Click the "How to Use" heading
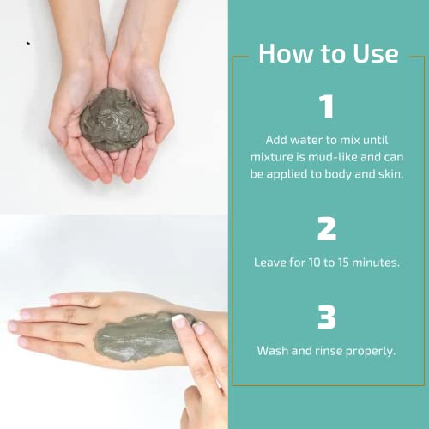pos(329,53)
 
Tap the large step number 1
pos(326,107)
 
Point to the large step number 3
pos(326,317)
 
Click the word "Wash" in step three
pos(274,350)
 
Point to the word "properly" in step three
pos(369,350)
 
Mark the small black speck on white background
pos(27,42)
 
